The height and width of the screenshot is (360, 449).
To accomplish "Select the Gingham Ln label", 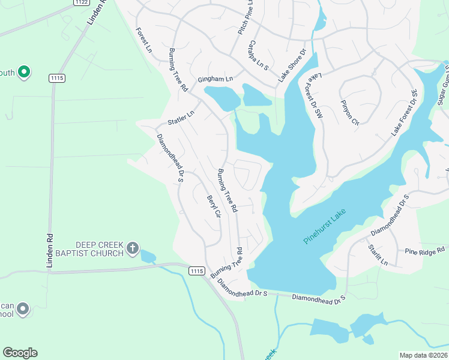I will click(x=214, y=79).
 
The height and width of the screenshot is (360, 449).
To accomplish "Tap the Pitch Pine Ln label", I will click(x=246, y=17).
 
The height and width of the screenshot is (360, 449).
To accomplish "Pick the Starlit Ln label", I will click(x=378, y=255).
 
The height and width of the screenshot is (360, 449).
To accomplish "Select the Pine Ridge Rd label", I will click(x=424, y=250).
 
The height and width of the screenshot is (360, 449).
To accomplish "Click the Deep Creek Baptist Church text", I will click(x=99, y=249).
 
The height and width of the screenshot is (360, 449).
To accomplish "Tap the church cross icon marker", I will click(x=133, y=248).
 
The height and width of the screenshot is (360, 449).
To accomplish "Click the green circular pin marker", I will click(x=24, y=73).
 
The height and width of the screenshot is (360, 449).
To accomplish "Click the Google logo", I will click(x=20, y=352).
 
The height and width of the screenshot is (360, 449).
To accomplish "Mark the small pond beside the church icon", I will click(x=147, y=257).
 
